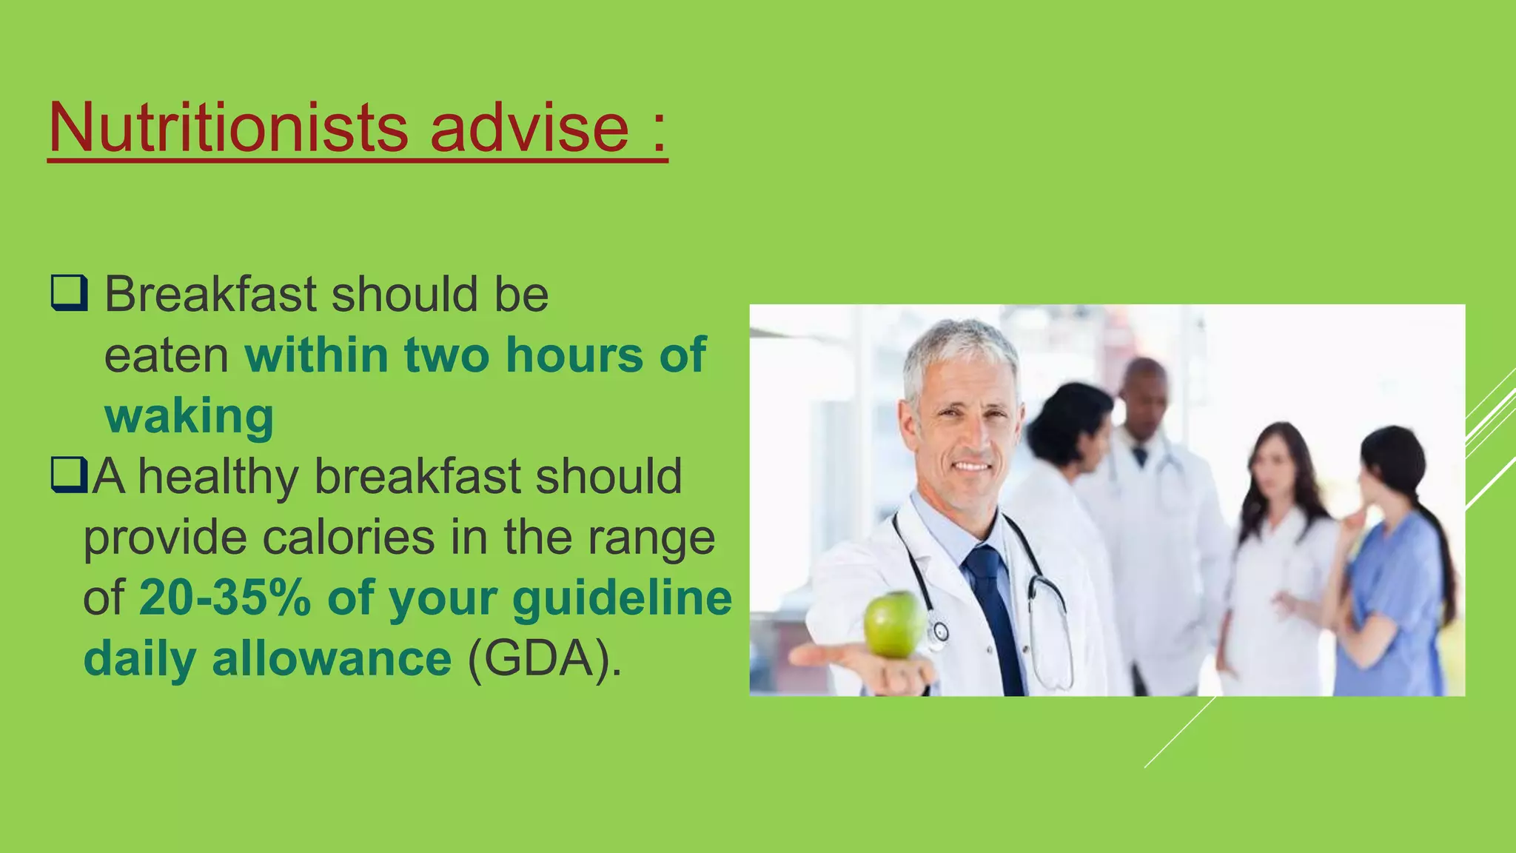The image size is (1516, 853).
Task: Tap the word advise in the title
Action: [x=529, y=127]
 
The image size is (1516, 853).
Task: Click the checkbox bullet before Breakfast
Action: [x=70, y=293]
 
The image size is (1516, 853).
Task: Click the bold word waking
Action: [x=189, y=416]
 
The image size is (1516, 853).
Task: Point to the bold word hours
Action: [x=574, y=355]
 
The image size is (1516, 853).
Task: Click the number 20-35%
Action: [x=225, y=598]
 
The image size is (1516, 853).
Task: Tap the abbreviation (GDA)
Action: [x=544, y=658]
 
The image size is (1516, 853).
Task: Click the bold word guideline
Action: [x=622, y=598]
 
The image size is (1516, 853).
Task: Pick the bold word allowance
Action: [x=331, y=658]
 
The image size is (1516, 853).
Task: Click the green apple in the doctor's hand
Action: [x=894, y=625]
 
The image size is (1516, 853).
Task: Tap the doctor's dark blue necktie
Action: [x=992, y=607]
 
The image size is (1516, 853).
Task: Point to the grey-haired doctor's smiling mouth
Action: [x=971, y=466]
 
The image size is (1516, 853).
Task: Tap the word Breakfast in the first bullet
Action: [x=210, y=294]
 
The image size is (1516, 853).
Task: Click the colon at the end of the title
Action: [x=660, y=133]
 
